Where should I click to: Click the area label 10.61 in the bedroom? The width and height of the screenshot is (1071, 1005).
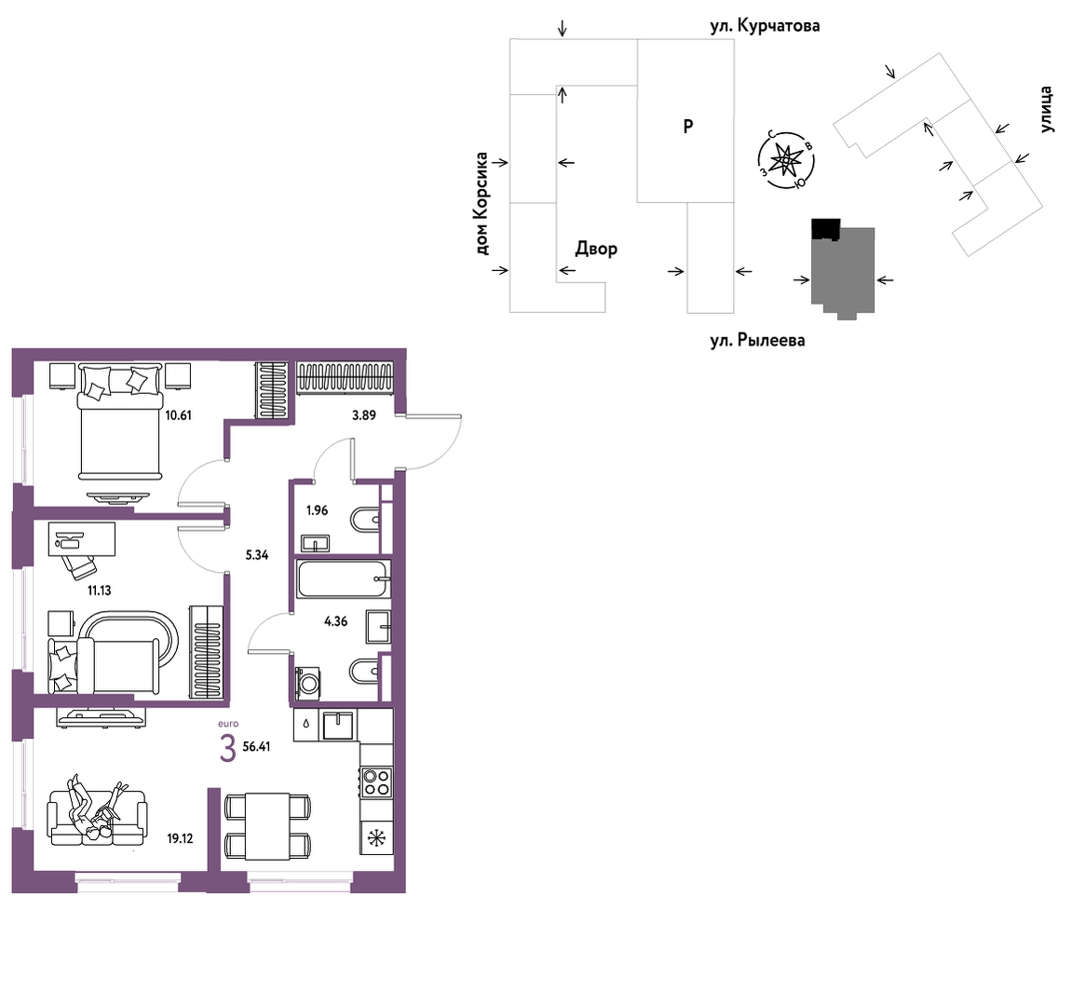point(178,414)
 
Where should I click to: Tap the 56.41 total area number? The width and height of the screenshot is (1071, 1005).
point(256,747)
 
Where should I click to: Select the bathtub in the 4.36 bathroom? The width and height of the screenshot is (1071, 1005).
point(344,578)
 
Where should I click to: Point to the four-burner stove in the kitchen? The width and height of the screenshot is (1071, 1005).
point(376,782)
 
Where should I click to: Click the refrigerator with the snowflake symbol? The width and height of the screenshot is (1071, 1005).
point(376,837)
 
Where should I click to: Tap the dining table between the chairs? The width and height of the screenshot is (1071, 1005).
point(268,827)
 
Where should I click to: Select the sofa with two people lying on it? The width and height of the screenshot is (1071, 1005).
point(97,818)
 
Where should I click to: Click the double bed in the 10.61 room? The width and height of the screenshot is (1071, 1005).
point(120,421)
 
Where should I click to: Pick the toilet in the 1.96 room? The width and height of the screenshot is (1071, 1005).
point(365,520)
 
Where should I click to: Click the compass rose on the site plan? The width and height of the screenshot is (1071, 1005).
point(786,160)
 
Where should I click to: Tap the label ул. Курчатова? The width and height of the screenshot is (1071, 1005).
point(765,27)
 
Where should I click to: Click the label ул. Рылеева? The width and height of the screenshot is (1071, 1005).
point(757,340)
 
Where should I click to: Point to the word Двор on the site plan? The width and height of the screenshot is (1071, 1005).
point(596,249)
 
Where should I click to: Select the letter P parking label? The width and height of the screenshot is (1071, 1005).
point(688,127)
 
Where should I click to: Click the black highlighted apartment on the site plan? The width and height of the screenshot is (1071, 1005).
point(825,229)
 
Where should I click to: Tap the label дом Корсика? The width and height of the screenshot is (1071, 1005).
point(482,204)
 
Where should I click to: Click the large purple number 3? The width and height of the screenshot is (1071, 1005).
point(228,749)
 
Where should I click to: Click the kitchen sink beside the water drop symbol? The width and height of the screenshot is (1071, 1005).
point(338,725)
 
